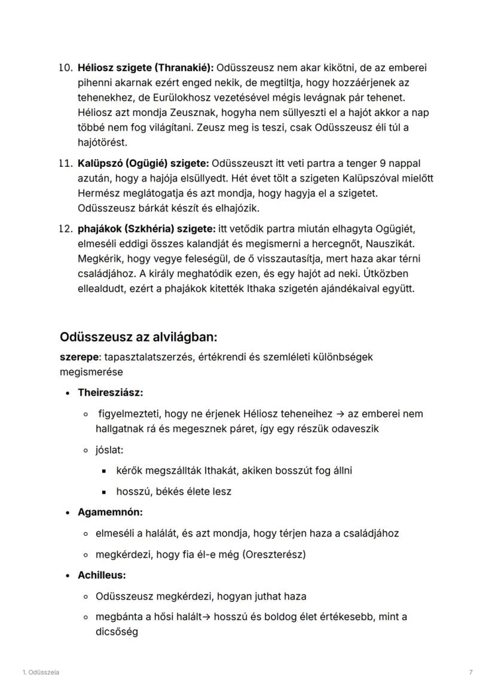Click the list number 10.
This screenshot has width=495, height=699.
click(x=65, y=68)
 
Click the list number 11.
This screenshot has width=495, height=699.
click(x=65, y=163)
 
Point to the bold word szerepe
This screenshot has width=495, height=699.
click(x=80, y=357)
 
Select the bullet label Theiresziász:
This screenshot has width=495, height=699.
click(x=110, y=393)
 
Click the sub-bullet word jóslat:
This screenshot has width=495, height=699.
click(x=109, y=450)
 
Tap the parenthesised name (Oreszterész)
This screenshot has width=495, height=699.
click(x=276, y=554)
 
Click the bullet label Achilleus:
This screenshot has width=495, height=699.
click(x=102, y=575)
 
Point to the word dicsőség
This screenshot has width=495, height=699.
click(x=117, y=631)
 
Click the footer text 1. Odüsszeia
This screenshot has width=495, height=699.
click(x=41, y=673)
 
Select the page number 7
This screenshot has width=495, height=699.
click(x=471, y=673)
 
